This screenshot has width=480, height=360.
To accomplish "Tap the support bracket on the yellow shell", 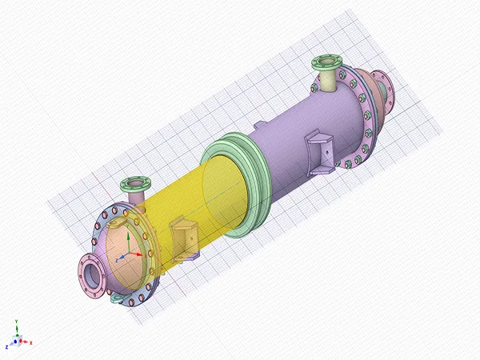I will (x=185, y=241).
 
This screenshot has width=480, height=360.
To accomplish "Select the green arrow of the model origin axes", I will (x=122, y=249).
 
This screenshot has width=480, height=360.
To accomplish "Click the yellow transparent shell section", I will (x=200, y=200).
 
